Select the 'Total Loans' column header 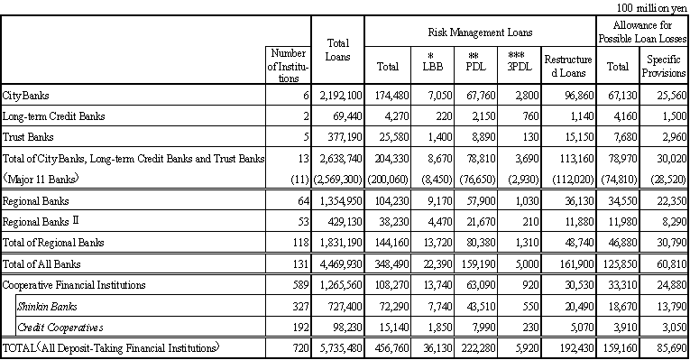(x=337, y=50)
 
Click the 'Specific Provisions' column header (x=664, y=66)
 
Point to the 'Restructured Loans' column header (x=568, y=66)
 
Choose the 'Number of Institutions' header (x=289, y=66)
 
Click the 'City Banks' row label (x=26, y=96)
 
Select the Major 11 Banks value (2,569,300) (x=336, y=180)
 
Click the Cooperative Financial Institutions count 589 (x=299, y=285)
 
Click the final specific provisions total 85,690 (x=667, y=348)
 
